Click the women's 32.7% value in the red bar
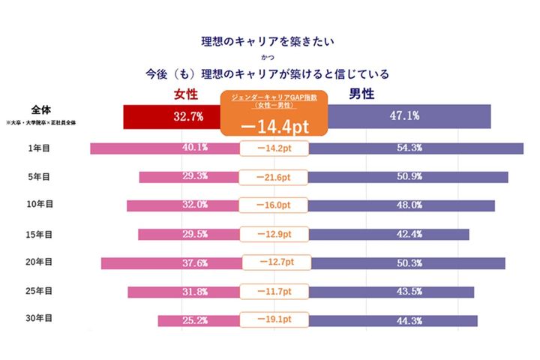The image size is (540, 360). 188,116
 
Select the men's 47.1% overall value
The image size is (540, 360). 404,116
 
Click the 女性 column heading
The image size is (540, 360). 187,94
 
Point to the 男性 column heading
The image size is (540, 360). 362,94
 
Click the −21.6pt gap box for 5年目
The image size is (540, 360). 274,177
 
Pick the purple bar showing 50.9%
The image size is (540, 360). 409,177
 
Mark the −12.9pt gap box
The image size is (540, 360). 274,234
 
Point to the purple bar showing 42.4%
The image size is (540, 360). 389,234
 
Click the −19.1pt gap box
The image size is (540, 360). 274,320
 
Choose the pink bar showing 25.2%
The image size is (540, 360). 198,320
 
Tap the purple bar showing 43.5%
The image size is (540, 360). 391,292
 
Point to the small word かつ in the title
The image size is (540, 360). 267,57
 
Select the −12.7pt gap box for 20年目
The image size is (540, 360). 274,262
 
